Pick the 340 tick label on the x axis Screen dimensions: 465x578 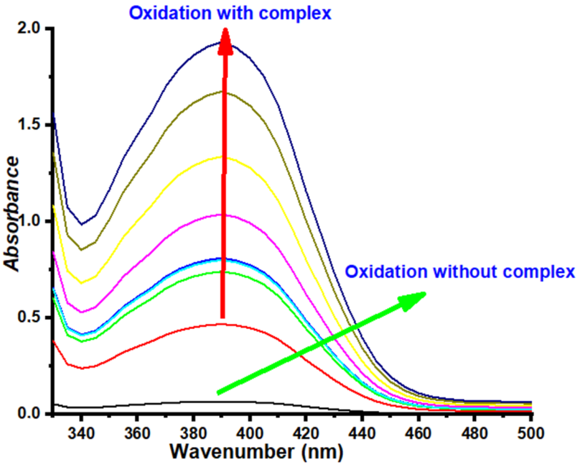coord(81,433)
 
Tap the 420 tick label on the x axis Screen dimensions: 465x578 coord(306,433)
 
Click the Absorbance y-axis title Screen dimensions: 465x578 coord(12,214)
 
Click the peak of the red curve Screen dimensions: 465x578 coord(221,324)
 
